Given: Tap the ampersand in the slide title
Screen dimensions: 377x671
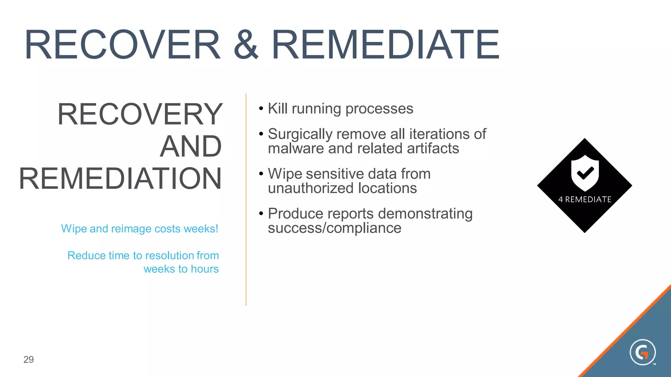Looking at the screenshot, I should click(x=246, y=45).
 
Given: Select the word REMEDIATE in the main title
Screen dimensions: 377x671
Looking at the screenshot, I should click(x=385, y=45).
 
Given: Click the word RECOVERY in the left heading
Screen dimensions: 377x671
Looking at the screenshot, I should click(x=140, y=114).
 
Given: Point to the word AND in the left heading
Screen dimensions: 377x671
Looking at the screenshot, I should click(x=191, y=146).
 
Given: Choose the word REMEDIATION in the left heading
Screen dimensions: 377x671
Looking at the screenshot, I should click(x=120, y=179).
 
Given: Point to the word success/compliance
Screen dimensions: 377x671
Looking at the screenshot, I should click(x=334, y=228).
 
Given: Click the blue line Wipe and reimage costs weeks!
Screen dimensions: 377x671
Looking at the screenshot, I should click(x=140, y=228).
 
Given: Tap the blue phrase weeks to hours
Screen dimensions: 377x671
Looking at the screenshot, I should click(x=181, y=269).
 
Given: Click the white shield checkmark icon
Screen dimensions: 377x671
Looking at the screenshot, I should click(x=585, y=173).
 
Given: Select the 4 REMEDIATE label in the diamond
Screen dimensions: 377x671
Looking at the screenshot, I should click(x=585, y=199).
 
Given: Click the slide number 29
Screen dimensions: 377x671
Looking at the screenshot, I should click(x=29, y=359).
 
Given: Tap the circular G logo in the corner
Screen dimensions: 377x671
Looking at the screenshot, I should click(x=642, y=352).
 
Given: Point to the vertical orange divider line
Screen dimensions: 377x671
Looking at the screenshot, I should click(x=246, y=200).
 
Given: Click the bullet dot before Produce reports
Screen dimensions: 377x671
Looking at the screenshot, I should click(x=261, y=214).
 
